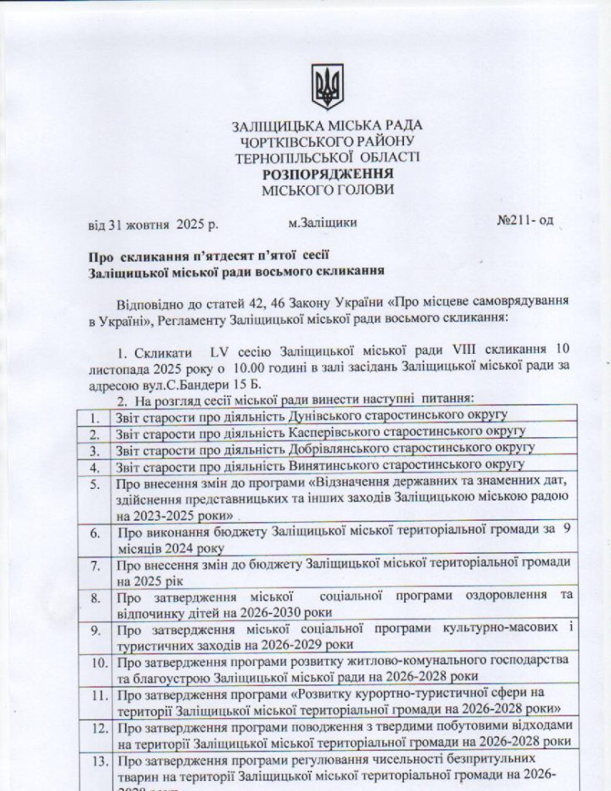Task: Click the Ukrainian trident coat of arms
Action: pyautogui.click(x=327, y=86)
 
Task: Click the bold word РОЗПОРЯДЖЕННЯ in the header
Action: pyautogui.click(x=327, y=174)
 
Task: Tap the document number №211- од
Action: pyautogui.click(x=525, y=221)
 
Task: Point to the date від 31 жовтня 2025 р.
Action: pyautogui.click(x=154, y=225)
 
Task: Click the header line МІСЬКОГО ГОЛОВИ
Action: pyautogui.click(x=327, y=189)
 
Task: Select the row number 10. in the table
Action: pyautogui.click(x=99, y=664)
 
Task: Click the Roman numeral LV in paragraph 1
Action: pyautogui.click(x=209, y=352)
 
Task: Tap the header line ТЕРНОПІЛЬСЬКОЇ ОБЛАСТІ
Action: pyautogui.click(x=327, y=157)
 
